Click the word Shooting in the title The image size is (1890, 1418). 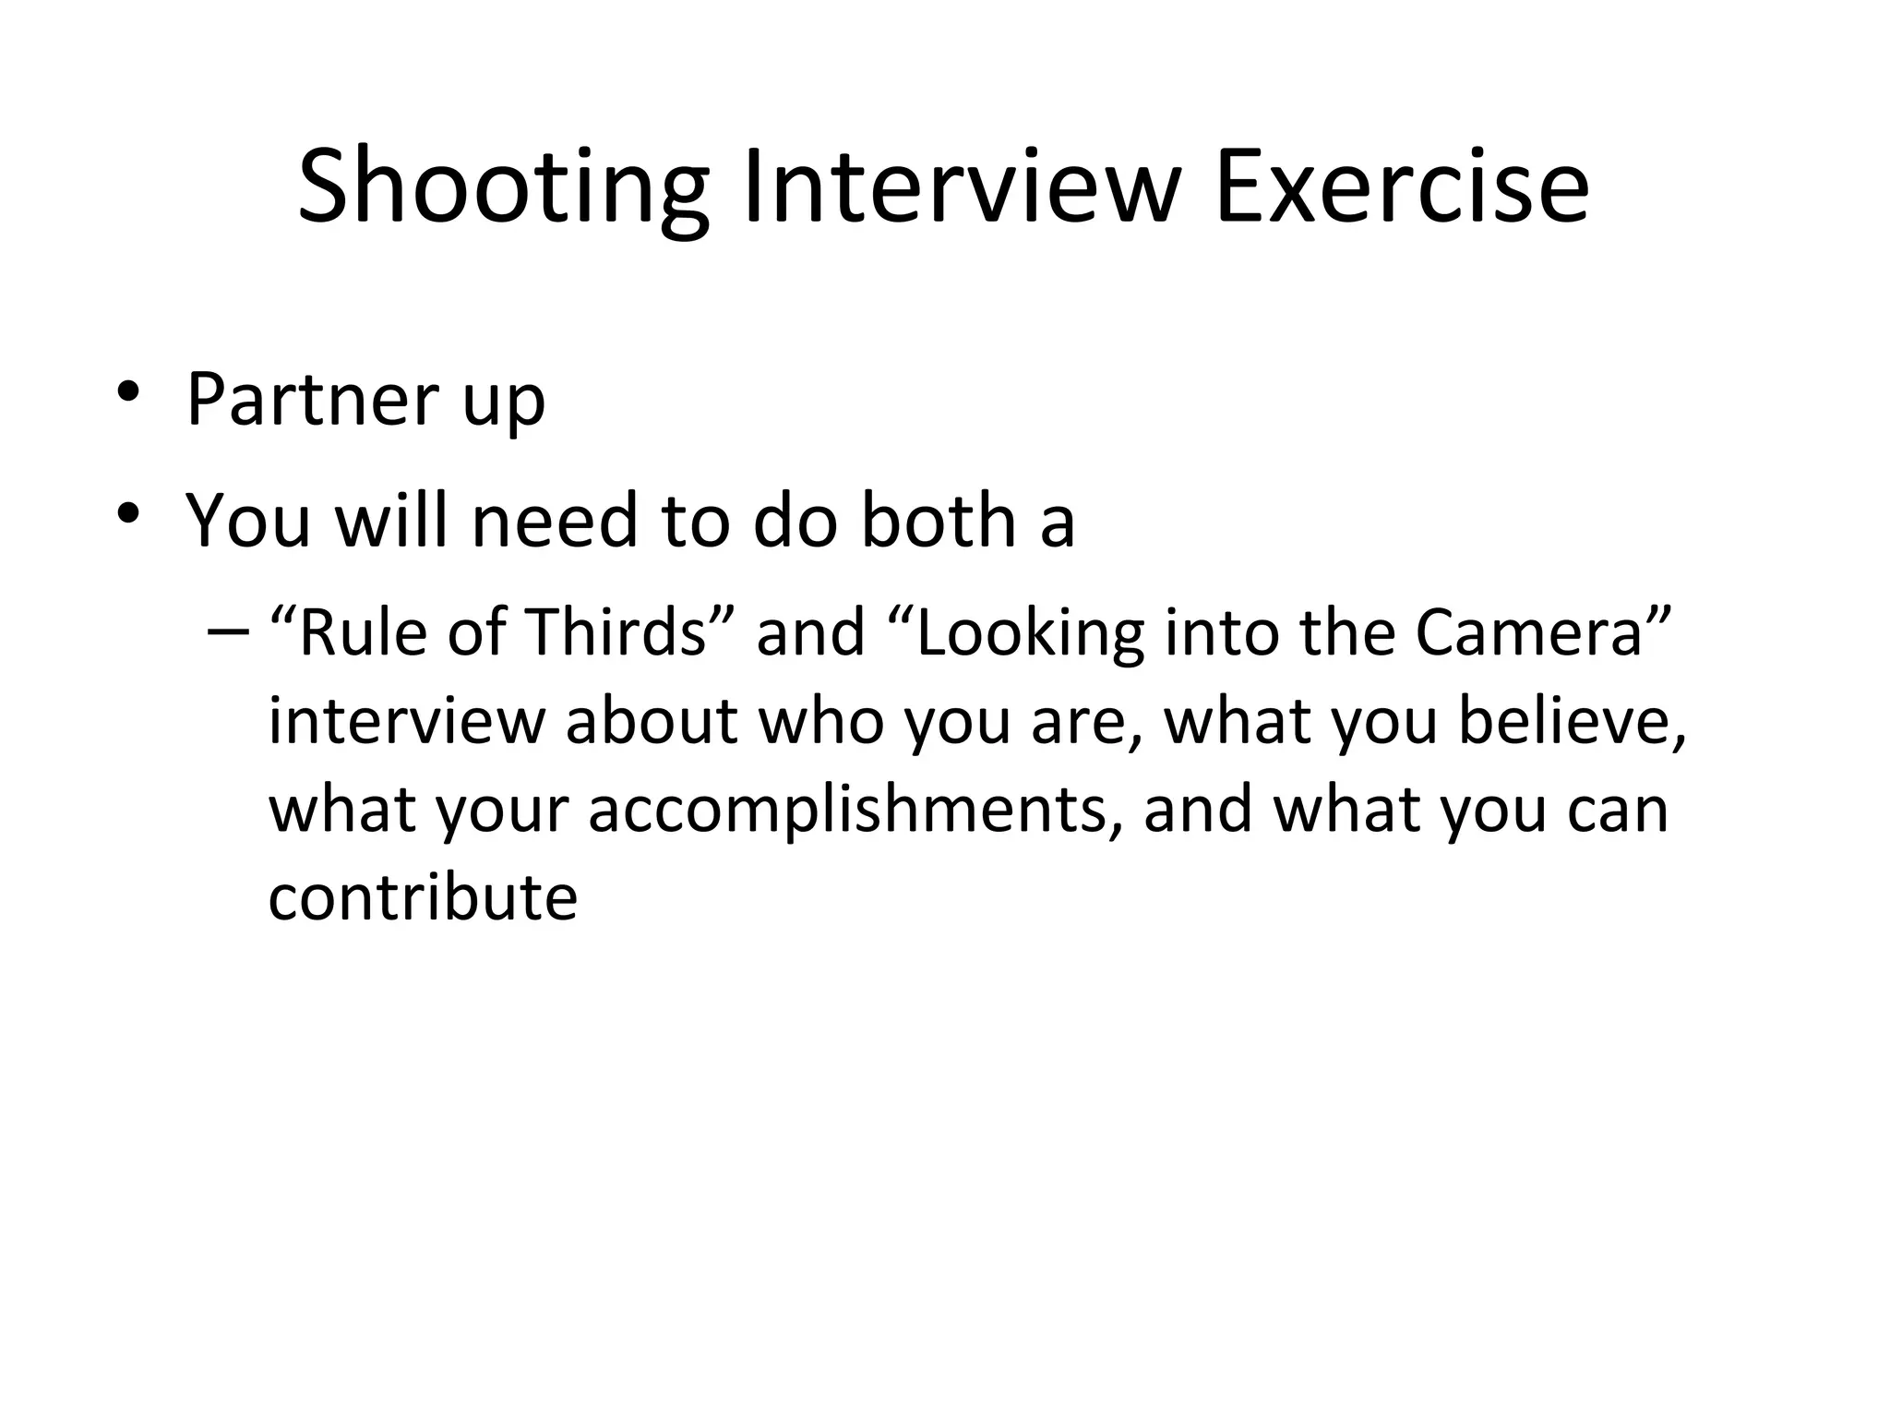[x=503, y=189]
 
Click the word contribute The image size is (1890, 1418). [x=423, y=896]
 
